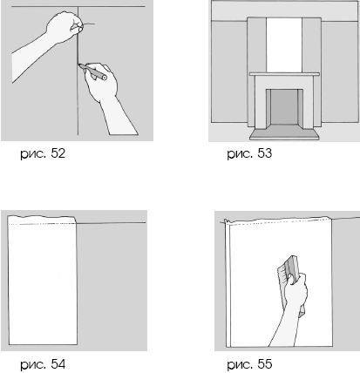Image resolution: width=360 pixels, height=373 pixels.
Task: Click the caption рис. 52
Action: click(43, 153)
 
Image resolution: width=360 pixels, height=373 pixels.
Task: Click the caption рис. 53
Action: click(249, 153)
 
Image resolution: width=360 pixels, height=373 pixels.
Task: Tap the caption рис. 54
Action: click(43, 364)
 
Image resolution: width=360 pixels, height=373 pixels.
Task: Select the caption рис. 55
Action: click(249, 364)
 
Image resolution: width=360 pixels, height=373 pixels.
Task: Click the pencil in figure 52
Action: click(92, 71)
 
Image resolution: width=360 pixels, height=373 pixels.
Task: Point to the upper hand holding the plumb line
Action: click(65, 28)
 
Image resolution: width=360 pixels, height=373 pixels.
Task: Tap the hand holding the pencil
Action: click(102, 81)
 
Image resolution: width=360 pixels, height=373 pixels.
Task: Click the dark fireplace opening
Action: click(284, 107)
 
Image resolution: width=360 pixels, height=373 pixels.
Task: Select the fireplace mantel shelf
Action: click(284, 74)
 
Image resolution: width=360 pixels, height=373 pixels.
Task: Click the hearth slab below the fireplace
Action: click(284, 133)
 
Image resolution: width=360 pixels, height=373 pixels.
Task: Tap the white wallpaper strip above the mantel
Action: click(284, 45)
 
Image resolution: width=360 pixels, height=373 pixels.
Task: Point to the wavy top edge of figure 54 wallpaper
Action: click(42, 216)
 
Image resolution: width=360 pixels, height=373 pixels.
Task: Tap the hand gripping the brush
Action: click(295, 289)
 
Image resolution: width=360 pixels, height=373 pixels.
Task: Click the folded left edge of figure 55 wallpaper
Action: click(228, 283)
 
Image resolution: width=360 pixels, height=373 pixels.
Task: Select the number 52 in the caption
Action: click(58, 153)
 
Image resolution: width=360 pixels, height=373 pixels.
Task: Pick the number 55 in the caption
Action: click(265, 363)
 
